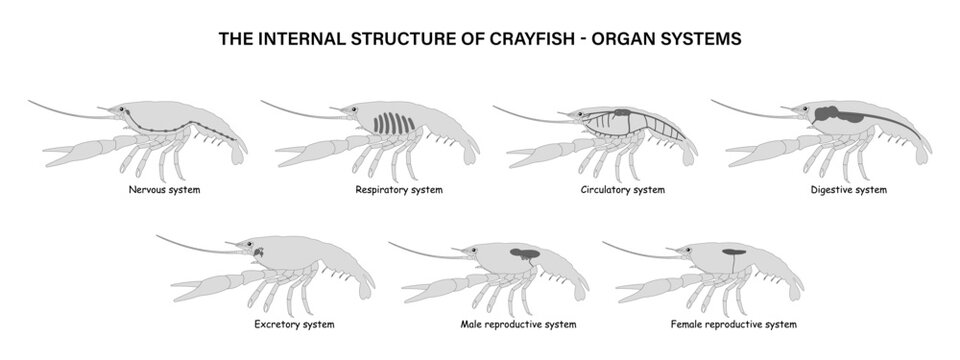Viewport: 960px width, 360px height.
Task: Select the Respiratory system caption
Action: click(x=399, y=190)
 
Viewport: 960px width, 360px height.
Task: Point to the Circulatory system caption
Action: click(x=622, y=190)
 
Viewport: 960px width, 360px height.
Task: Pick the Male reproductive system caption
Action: click(x=518, y=325)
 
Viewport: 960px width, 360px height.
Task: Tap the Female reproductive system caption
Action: click(x=734, y=325)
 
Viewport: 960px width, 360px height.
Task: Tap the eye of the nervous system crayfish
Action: click(x=123, y=110)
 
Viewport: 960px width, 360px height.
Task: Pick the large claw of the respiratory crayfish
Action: click(x=306, y=154)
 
